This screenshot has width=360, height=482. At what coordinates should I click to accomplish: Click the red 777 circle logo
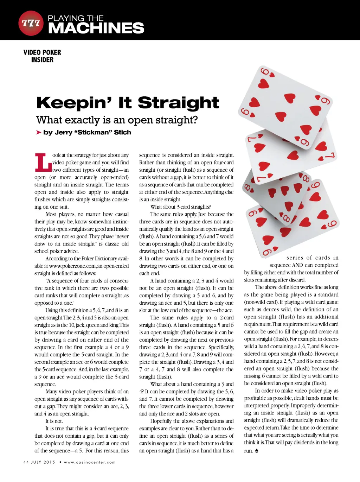tap(31, 23)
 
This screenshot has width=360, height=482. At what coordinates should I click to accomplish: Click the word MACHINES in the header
tap(96, 28)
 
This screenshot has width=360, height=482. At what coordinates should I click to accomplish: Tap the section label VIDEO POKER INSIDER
tap(42, 56)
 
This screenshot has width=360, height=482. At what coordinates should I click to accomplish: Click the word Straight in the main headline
tap(178, 103)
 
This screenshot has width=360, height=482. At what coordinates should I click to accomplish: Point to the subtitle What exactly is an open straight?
tap(117, 120)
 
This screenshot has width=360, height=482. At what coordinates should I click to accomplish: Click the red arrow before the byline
tap(39, 132)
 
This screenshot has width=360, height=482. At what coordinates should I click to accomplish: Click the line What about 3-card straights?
tap(180, 207)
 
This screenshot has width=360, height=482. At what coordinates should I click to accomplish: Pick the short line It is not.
tap(54, 421)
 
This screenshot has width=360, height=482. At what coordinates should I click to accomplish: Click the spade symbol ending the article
tap(257, 451)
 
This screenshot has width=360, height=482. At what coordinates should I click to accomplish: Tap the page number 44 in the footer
tap(26, 462)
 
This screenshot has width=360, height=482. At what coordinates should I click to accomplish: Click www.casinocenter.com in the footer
tap(90, 462)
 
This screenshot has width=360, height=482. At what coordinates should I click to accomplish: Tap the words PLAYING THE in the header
tap(76, 18)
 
